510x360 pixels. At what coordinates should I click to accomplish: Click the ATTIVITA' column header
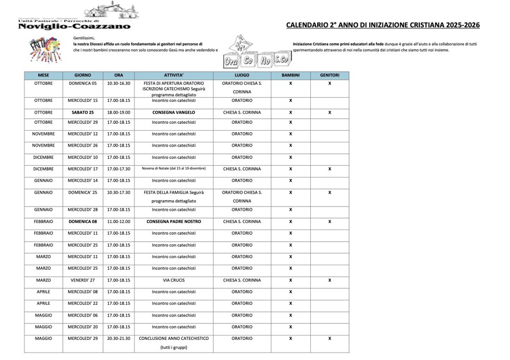coord(174,75)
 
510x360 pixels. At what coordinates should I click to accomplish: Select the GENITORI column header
coord(329,75)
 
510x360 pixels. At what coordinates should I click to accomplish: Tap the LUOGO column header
coord(242,75)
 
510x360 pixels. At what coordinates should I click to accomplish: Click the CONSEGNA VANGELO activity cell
coord(174,113)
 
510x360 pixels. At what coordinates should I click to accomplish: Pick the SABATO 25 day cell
coord(83,113)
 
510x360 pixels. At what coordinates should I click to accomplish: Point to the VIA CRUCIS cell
coord(174,280)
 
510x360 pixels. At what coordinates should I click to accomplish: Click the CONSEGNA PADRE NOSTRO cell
coord(174,221)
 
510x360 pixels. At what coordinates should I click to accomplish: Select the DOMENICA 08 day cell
coord(83,221)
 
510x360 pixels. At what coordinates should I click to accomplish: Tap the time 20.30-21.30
coord(118,338)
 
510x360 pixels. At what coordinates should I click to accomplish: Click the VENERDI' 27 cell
coord(83,280)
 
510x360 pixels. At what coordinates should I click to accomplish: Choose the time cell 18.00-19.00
coord(118,113)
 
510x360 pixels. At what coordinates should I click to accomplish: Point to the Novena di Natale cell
coord(174,169)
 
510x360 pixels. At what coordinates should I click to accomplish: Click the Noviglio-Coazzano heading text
coord(74,26)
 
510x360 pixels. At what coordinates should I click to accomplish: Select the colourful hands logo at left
coord(44,48)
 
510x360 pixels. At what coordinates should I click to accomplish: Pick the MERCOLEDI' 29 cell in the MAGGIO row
coord(83,338)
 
